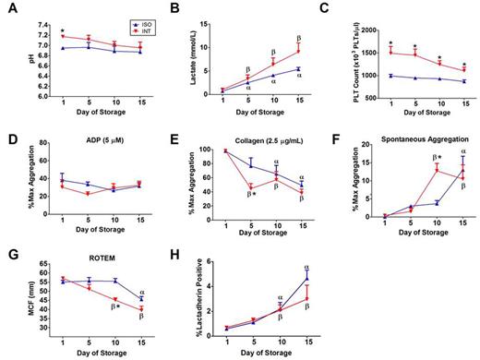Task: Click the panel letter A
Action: click(x=8, y=8)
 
